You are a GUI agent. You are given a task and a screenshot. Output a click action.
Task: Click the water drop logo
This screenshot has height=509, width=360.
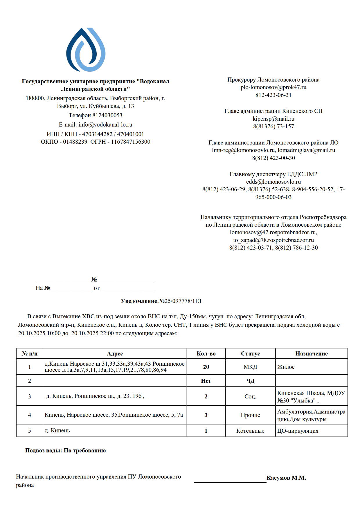click(x=86, y=50)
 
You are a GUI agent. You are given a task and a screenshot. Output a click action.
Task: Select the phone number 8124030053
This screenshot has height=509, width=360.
click(x=107, y=115)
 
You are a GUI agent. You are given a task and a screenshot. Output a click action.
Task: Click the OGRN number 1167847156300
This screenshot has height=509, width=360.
click(x=131, y=142)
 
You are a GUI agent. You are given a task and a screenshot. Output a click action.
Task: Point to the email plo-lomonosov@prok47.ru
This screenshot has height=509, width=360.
click(x=273, y=87)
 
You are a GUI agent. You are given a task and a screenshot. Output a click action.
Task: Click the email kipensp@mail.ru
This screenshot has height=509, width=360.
click(x=273, y=119)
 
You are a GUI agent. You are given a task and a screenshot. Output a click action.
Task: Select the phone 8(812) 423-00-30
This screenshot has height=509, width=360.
click(x=273, y=158)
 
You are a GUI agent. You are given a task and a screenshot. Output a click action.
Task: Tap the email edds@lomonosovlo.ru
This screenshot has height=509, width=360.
click(x=273, y=182)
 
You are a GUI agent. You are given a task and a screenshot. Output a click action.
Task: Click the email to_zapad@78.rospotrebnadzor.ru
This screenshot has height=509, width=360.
click(x=273, y=240)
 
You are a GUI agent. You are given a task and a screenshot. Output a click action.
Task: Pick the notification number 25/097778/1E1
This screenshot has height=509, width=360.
click(x=183, y=301)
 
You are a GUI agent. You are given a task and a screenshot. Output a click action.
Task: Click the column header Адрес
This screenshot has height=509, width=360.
click(x=115, y=353)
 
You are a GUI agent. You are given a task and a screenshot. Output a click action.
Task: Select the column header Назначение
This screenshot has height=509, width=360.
click(x=312, y=353)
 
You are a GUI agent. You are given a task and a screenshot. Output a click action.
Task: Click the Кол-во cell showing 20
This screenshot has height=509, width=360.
click(x=206, y=367)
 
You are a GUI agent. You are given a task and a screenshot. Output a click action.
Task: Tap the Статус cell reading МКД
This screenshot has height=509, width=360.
click(x=250, y=367)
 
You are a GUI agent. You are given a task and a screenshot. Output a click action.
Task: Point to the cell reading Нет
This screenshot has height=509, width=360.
click(x=206, y=381)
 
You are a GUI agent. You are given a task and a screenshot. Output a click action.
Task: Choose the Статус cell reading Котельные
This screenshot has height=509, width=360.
click(x=250, y=431)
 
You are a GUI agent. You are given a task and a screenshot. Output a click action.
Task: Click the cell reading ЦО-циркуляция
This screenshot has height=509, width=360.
click(x=298, y=431)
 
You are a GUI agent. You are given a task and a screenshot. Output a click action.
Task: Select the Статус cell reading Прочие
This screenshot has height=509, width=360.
click(x=250, y=415)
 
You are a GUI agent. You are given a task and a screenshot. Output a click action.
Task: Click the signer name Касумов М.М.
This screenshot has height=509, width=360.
click(x=286, y=478)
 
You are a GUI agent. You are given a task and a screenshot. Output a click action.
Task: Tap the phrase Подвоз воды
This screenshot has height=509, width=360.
click(x=43, y=450)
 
